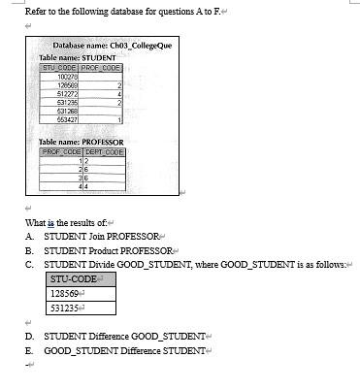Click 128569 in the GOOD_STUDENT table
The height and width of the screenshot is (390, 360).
65,292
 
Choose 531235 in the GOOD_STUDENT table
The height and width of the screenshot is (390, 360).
65,309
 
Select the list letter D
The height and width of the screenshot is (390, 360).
31,334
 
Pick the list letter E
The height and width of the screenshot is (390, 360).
31,348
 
